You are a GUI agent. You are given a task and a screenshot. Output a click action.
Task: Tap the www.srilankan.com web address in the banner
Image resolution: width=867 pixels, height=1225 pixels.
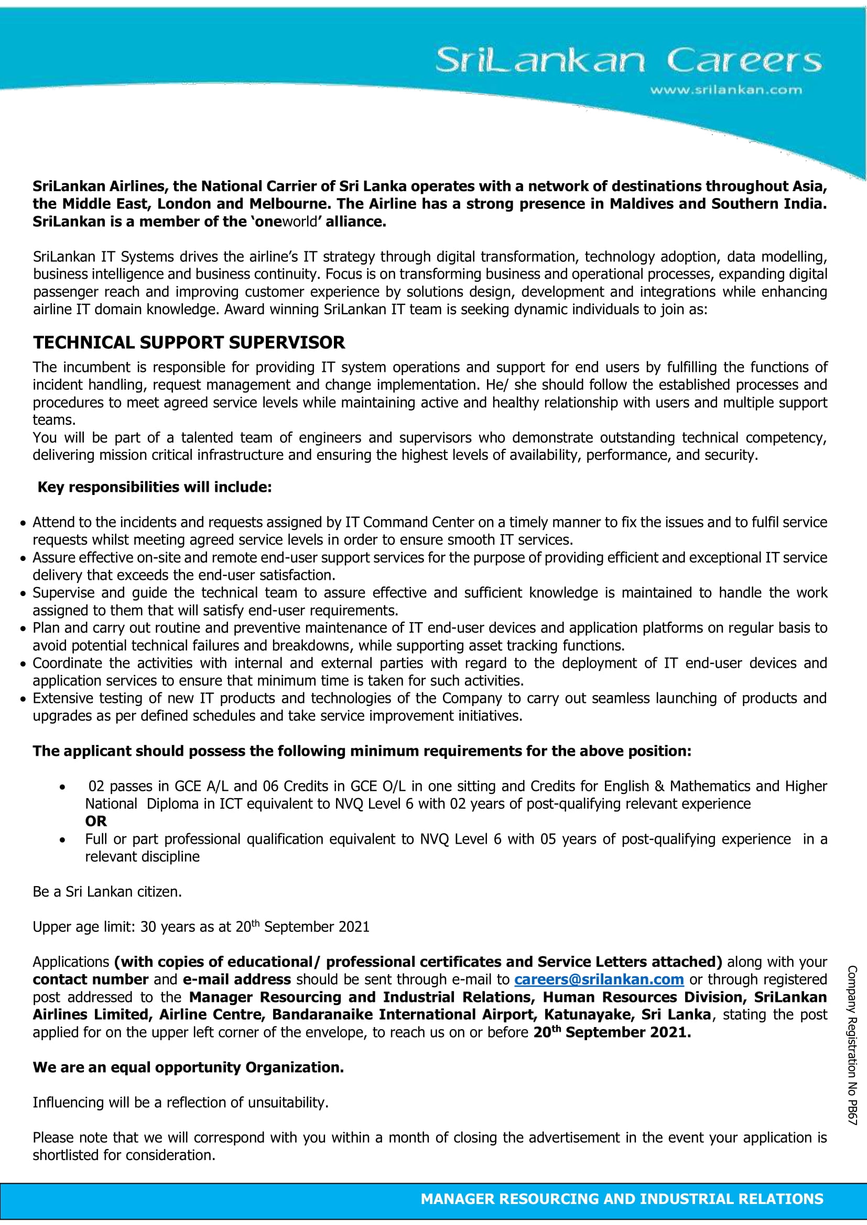[725, 90]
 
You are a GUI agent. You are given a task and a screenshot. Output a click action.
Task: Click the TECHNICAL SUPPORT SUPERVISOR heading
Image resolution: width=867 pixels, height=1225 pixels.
[189, 343]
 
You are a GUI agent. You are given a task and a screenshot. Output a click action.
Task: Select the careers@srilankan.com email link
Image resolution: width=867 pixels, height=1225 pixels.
[599, 979]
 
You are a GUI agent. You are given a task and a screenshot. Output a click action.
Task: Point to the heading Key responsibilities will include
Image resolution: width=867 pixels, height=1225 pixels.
[154, 487]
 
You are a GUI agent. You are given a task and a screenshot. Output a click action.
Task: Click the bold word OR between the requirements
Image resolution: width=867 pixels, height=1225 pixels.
[96, 821]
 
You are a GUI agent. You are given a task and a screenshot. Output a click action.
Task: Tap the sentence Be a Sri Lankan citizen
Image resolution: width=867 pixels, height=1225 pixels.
[107, 891]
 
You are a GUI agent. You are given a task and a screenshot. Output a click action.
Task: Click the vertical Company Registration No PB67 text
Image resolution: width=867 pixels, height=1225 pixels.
[851, 1045]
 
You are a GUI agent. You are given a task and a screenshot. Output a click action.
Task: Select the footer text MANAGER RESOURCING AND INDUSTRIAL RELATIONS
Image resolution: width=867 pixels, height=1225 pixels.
[622, 1199]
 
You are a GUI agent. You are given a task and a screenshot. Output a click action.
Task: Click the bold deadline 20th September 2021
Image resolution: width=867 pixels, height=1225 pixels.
[612, 1032]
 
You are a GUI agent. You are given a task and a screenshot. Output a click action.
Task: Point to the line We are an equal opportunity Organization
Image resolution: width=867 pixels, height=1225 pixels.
[189, 1067]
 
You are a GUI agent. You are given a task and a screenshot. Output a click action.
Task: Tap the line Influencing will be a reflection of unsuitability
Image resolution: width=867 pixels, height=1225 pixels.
[180, 1102]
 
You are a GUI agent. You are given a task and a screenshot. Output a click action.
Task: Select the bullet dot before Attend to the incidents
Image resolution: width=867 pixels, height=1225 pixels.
[23, 523]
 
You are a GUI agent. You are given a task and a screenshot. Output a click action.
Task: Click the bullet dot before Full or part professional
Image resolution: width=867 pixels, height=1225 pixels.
[63, 840]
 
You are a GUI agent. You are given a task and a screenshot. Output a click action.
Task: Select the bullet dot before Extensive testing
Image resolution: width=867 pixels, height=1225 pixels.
[23, 699]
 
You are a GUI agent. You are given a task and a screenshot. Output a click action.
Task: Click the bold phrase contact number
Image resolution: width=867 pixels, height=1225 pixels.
[90, 979]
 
